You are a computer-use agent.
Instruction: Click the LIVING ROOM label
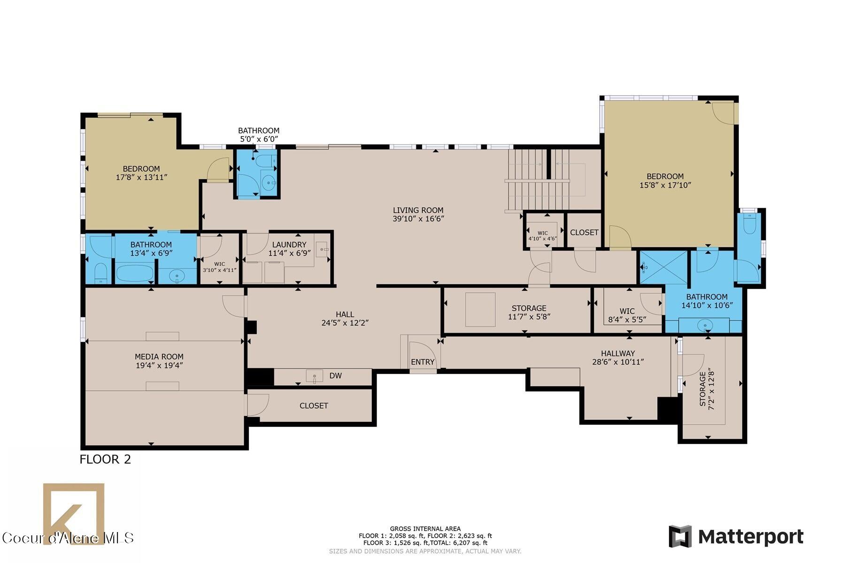pos(418,211)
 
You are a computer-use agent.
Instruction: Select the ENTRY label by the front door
pos(422,362)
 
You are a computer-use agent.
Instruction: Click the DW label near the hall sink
pos(335,376)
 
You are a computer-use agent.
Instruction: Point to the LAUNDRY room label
pos(289,244)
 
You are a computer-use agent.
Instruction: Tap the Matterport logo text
pos(750,537)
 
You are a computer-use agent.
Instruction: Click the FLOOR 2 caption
pos(105,459)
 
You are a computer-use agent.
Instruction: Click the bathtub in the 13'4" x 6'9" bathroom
pos(135,274)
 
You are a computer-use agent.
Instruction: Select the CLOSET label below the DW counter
pos(314,406)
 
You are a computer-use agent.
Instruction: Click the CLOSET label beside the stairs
pos(584,233)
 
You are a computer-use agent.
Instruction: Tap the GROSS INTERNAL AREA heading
pos(425,529)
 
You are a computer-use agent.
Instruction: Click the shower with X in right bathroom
pos(663,267)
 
